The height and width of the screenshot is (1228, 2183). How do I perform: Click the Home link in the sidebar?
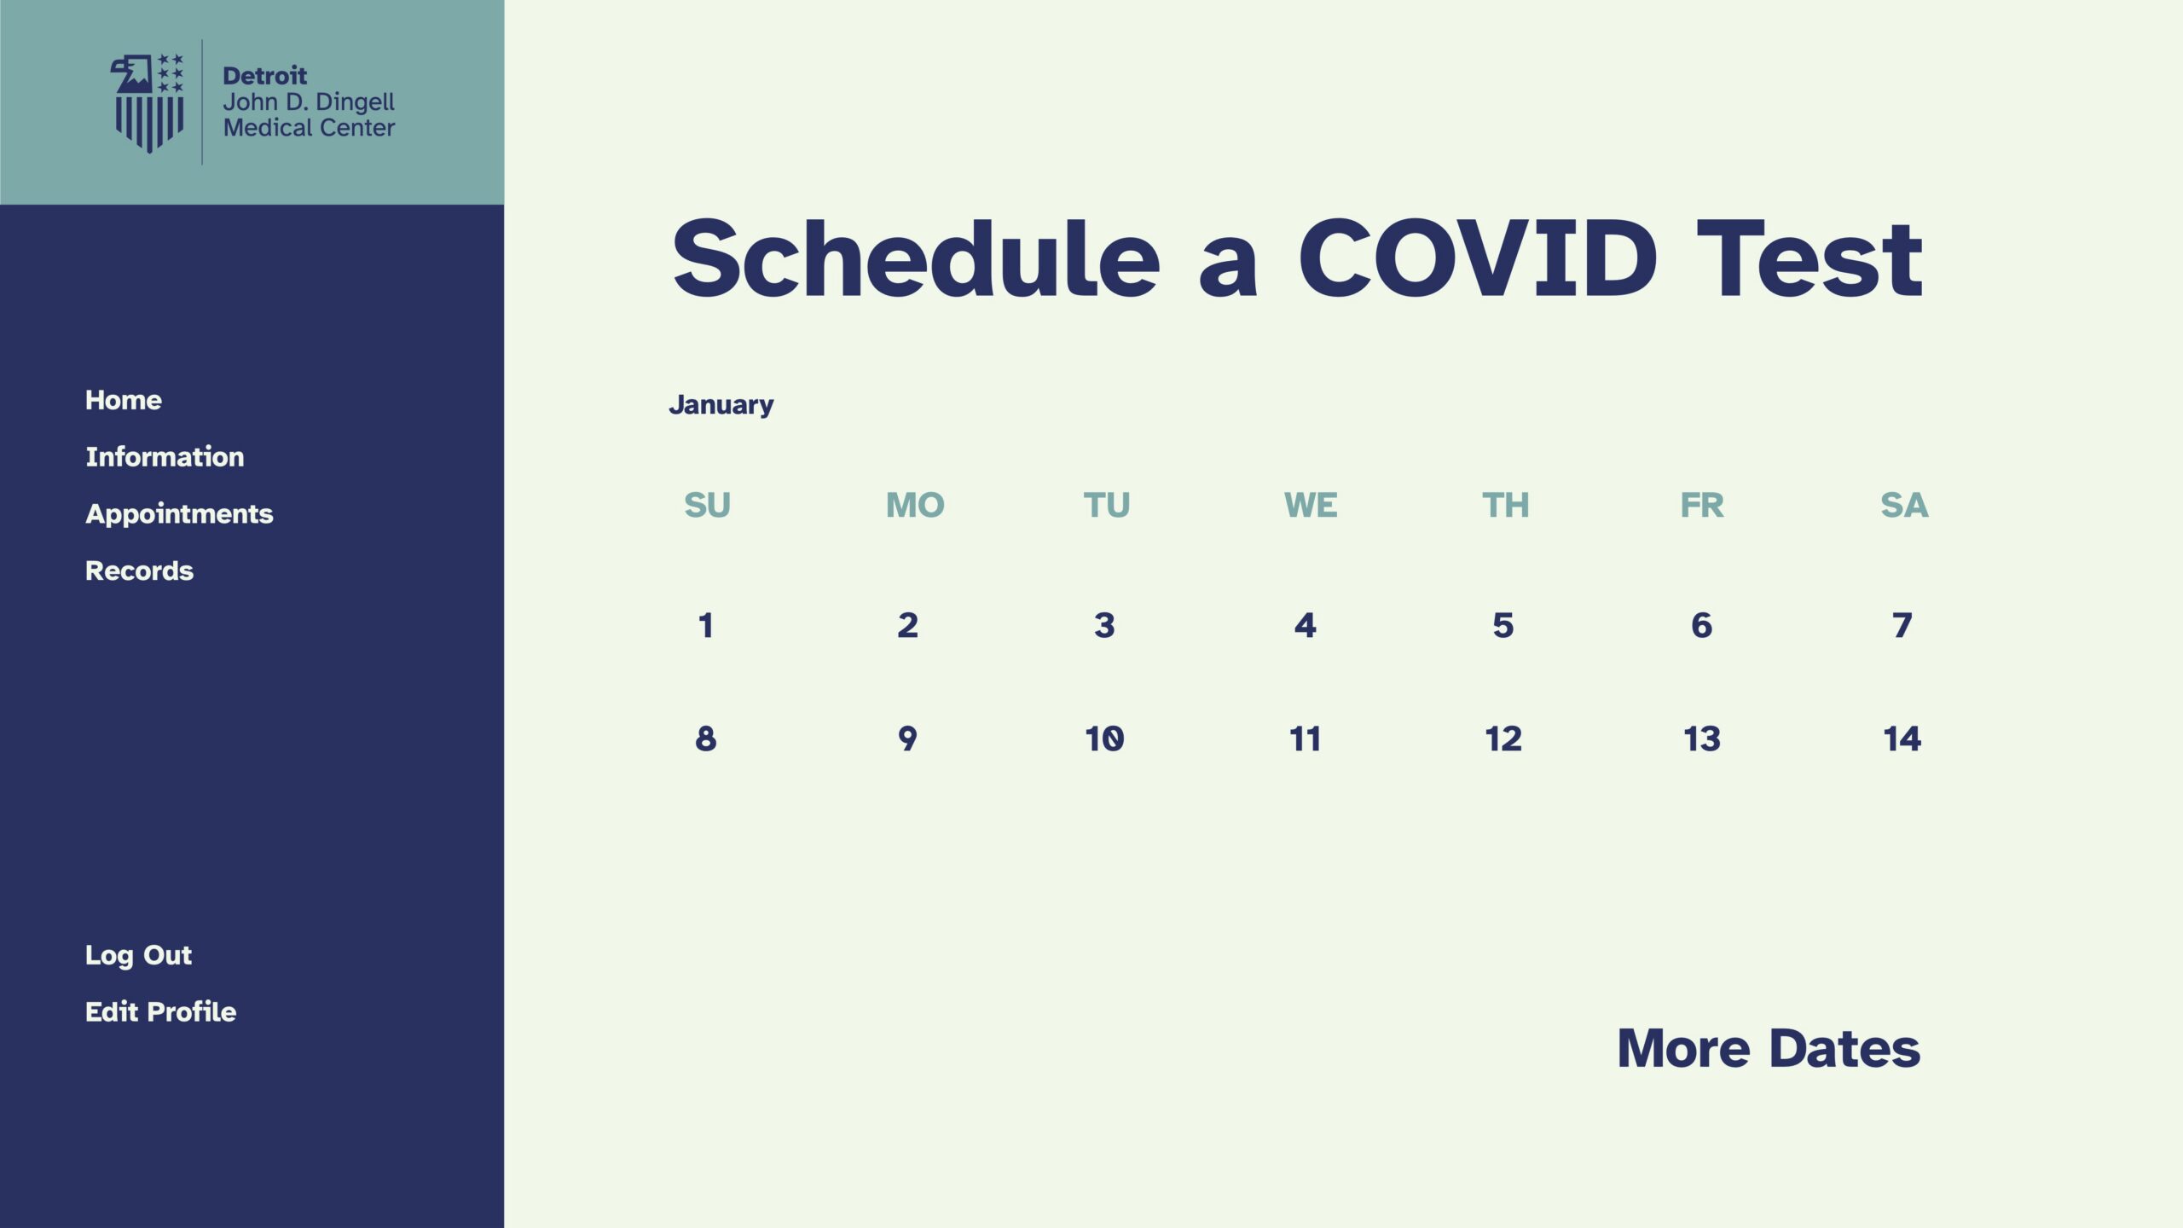[124, 400]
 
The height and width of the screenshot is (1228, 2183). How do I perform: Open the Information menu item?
[165, 456]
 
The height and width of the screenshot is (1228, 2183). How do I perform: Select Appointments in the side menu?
[179, 514]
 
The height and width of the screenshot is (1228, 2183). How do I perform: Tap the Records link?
[139, 571]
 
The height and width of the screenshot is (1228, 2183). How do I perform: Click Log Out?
[138, 955]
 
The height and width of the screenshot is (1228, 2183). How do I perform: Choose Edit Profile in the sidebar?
[160, 1011]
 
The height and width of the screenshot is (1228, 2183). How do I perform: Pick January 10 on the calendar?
[1104, 739]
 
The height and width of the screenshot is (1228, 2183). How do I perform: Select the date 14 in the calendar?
[1902, 739]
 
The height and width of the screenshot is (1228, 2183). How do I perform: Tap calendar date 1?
[705, 625]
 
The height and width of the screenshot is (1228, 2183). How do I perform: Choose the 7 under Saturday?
[1902, 625]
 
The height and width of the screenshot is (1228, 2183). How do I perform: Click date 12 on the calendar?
[1503, 739]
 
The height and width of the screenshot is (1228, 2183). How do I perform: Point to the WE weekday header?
[1311, 505]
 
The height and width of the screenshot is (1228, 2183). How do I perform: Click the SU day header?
[707, 505]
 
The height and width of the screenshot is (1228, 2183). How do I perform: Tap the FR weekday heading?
[1702, 505]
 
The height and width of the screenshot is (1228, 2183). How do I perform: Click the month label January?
[721, 405]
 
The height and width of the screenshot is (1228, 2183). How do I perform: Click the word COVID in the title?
[1478, 258]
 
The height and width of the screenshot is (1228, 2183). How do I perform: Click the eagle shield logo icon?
[148, 103]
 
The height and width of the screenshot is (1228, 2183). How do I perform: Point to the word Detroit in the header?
[264, 76]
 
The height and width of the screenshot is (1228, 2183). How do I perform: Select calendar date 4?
[1305, 625]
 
